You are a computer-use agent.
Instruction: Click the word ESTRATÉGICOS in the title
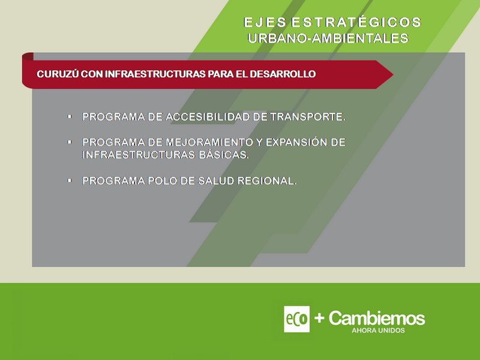click(356, 22)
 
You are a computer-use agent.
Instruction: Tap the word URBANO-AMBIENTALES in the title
click(328, 38)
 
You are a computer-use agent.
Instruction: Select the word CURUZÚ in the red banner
click(58, 74)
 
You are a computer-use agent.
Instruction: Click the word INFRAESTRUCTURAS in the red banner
click(155, 74)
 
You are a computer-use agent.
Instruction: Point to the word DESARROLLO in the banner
click(283, 74)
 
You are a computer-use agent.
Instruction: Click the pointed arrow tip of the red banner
click(393, 74)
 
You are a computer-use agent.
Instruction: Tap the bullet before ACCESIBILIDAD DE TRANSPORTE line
click(70, 116)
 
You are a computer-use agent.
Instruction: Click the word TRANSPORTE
click(308, 116)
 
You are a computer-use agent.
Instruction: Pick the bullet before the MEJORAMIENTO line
click(70, 142)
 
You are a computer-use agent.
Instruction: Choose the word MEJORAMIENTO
click(209, 142)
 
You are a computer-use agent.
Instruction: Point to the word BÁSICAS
click(224, 155)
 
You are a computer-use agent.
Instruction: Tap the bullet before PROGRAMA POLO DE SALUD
click(70, 181)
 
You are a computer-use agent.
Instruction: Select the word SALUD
click(216, 181)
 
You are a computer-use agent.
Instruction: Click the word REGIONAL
click(267, 181)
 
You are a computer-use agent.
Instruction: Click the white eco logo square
click(296, 319)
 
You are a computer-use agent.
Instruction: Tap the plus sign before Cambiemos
click(319, 318)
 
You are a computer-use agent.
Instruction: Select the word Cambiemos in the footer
click(377, 318)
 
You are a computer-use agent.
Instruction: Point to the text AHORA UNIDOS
click(378, 331)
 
